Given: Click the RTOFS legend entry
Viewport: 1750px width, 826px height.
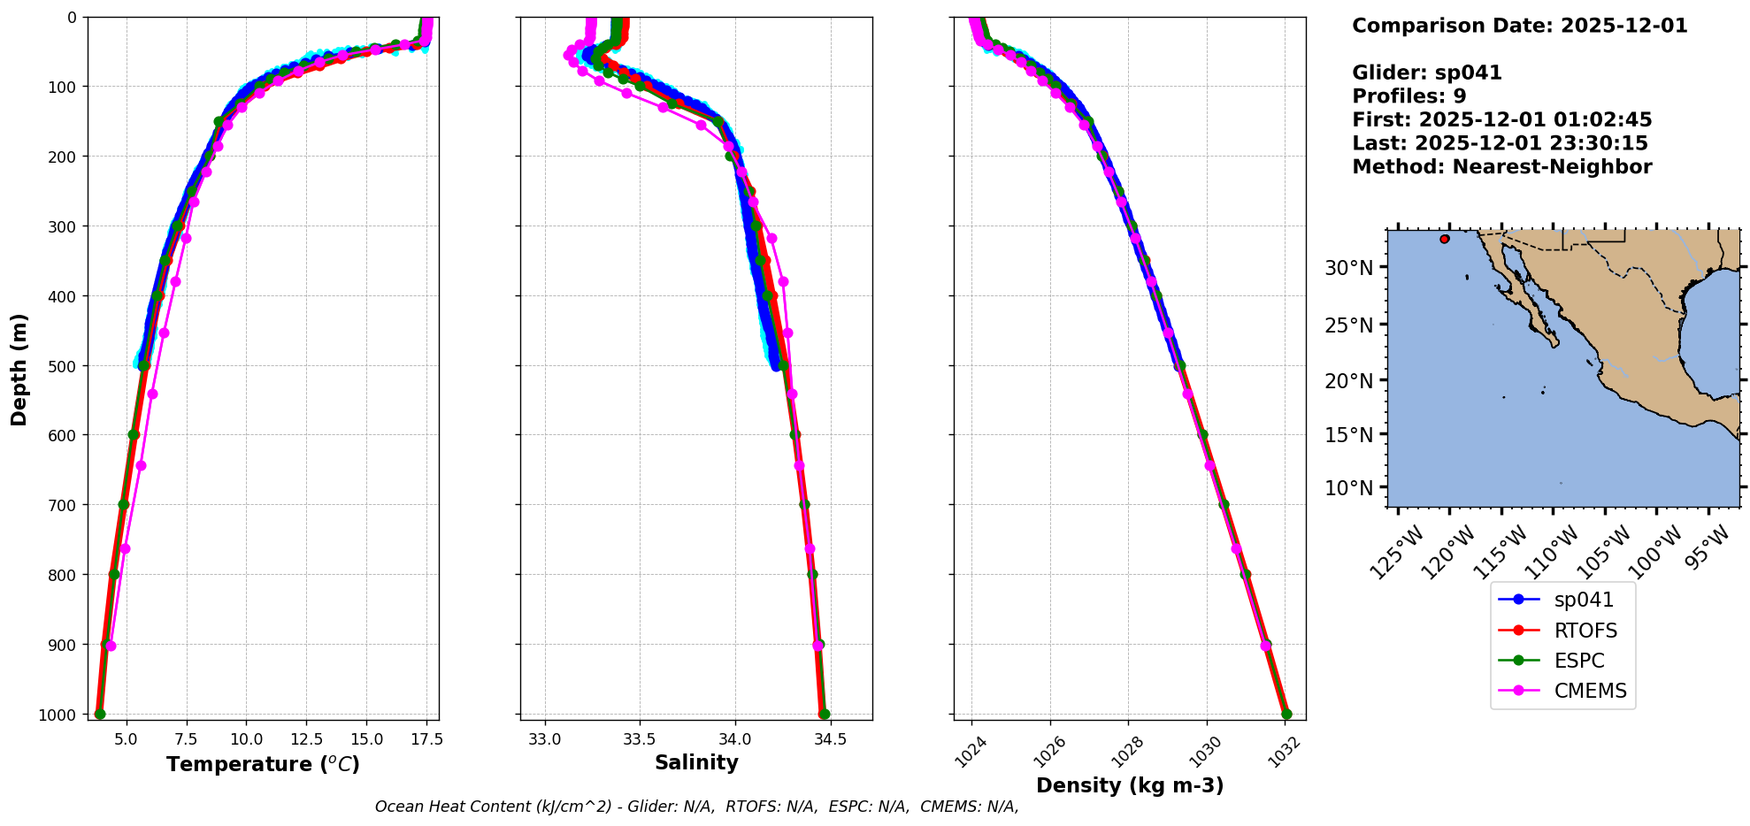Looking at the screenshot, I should tap(1585, 631).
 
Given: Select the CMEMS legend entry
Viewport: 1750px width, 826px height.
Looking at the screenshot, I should tap(1590, 691).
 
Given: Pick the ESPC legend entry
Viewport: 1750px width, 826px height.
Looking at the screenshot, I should tap(1578, 661).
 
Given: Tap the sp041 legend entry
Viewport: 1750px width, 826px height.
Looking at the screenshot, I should tap(1583, 600).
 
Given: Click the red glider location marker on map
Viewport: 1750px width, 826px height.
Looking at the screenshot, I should tap(1445, 239).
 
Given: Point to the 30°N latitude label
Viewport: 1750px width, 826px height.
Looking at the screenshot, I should tap(1348, 268).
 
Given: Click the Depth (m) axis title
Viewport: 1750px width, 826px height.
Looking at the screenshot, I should tap(19, 370).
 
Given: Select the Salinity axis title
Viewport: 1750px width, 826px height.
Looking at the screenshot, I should tap(696, 762).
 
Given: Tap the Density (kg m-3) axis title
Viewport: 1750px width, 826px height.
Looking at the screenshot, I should tap(1130, 785).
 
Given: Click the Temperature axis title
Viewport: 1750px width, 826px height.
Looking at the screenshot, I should tap(263, 764).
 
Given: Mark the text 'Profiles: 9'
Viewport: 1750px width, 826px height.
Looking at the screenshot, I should tap(1408, 96).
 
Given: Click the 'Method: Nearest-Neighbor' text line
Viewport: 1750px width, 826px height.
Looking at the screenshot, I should tap(1501, 167).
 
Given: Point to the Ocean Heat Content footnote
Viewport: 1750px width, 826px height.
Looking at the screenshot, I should tap(696, 807).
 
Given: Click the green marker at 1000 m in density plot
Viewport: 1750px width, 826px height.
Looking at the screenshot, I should tap(1286, 715).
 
